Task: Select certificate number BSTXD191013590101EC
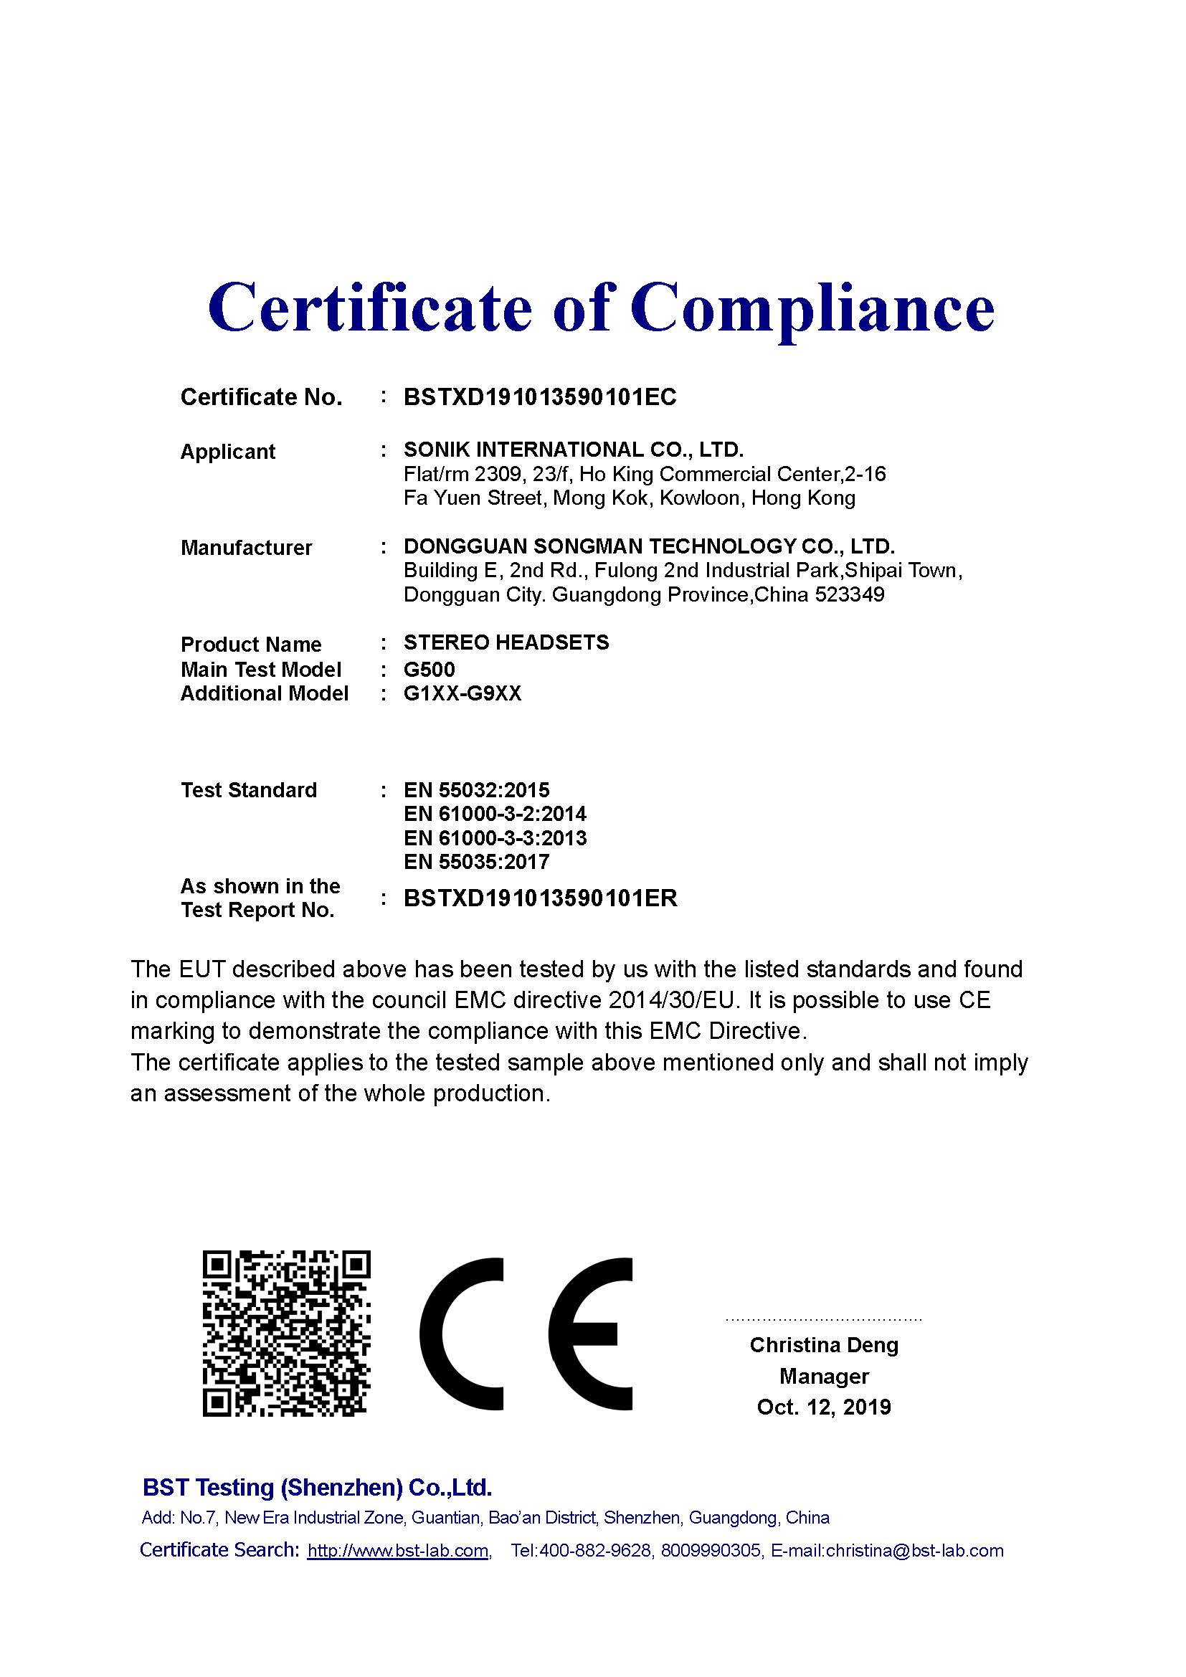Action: click(540, 397)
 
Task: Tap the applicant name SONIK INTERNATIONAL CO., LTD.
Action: click(574, 450)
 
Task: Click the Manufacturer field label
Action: click(246, 548)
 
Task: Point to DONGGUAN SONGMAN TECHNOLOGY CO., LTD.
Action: click(649, 546)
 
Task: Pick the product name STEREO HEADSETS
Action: click(506, 642)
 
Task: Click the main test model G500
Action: click(430, 669)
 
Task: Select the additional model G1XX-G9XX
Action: click(462, 693)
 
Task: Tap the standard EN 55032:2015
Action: click(476, 790)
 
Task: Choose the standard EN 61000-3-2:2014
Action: click(495, 814)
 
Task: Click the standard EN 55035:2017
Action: click(476, 862)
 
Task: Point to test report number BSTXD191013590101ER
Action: click(541, 898)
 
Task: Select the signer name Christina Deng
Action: click(824, 1345)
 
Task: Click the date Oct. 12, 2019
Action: click(824, 1407)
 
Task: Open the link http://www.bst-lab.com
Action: click(398, 1551)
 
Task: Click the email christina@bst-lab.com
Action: click(914, 1551)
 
